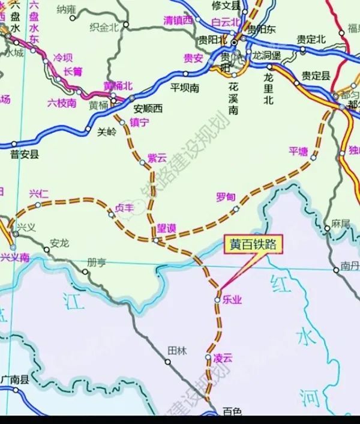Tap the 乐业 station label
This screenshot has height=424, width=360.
(x=231, y=299)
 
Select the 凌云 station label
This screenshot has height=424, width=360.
(x=222, y=358)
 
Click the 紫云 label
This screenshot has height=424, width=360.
(x=157, y=158)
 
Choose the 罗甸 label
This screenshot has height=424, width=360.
(x=225, y=198)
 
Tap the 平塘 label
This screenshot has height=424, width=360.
(x=298, y=151)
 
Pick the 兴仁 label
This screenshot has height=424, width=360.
(x=39, y=193)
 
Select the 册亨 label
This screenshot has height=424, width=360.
(x=96, y=262)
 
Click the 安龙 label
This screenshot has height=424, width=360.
(x=60, y=243)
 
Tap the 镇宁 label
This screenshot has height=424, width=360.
(x=139, y=123)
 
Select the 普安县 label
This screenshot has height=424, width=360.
(x=25, y=155)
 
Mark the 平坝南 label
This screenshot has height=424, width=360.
(x=184, y=88)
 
